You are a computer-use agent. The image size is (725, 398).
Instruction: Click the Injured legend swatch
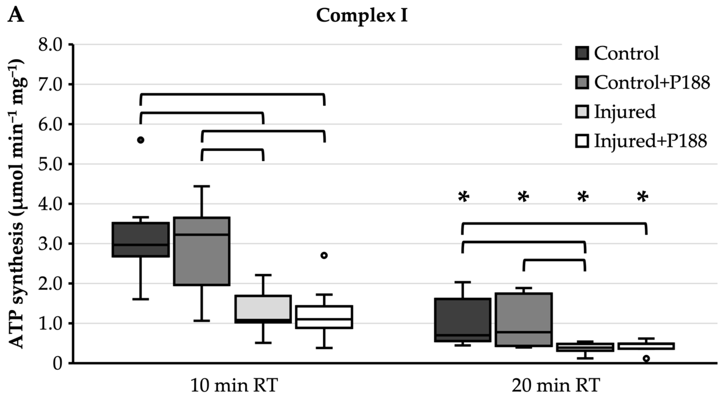(582, 112)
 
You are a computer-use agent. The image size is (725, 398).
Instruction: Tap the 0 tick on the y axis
(58, 363)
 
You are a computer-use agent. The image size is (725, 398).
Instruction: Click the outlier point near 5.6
(140, 140)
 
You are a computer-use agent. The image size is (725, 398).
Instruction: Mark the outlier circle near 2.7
(324, 255)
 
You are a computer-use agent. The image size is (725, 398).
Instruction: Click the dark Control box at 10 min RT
(140, 239)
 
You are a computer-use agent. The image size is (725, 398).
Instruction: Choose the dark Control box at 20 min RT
(462, 320)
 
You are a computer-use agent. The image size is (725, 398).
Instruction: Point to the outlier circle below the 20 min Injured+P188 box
(646, 359)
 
